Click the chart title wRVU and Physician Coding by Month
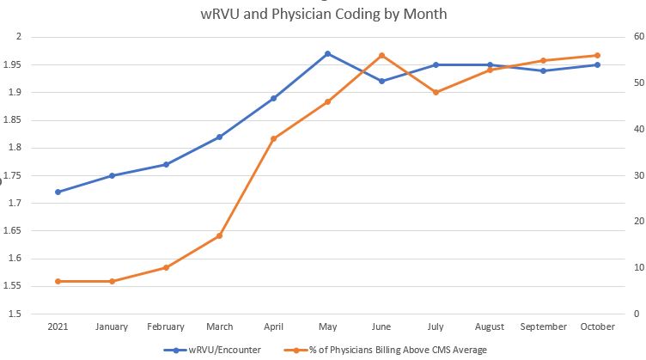(x=322, y=15)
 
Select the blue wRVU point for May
(x=327, y=53)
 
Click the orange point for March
(x=219, y=235)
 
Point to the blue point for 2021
(x=58, y=192)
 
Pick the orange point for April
(x=273, y=138)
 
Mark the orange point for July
(x=436, y=92)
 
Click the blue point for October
(x=597, y=64)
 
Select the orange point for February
(x=166, y=267)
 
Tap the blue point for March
(x=219, y=137)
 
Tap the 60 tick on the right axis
(x=638, y=37)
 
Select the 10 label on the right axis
(x=638, y=267)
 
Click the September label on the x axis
(x=543, y=327)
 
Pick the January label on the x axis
(x=112, y=327)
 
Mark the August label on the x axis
(x=490, y=327)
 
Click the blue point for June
(x=381, y=81)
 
